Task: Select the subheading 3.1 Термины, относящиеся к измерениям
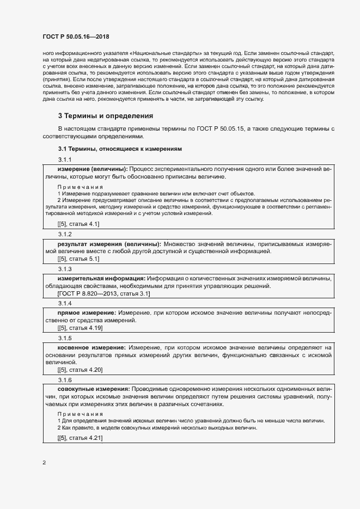[x=120, y=149]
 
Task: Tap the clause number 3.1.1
[x=65, y=159]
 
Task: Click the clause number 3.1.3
[x=65, y=269]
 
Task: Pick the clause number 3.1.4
[x=65, y=303]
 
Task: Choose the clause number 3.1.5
[x=65, y=338]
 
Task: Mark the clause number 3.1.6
[x=65, y=379]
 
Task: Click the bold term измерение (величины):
[x=93, y=169]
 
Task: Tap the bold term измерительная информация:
[x=101, y=278]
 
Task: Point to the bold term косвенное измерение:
[x=91, y=347]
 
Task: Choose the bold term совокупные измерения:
[x=93, y=389]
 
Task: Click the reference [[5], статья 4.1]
[x=78, y=224]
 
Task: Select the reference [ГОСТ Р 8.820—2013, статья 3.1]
[x=103, y=293]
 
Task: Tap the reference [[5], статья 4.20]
[x=80, y=370]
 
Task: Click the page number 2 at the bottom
[x=44, y=463]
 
